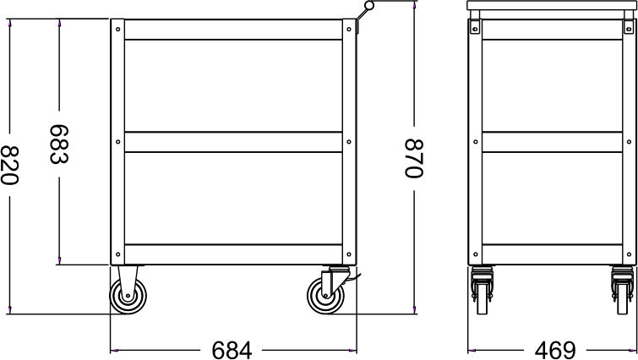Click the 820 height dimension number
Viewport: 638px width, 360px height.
tap(11, 166)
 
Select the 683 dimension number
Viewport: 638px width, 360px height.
tap(58, 145)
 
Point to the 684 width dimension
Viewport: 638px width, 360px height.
tap(230, 348)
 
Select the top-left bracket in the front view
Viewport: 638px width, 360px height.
tap(476, 27)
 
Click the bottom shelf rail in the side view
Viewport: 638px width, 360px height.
tap(233, 252)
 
